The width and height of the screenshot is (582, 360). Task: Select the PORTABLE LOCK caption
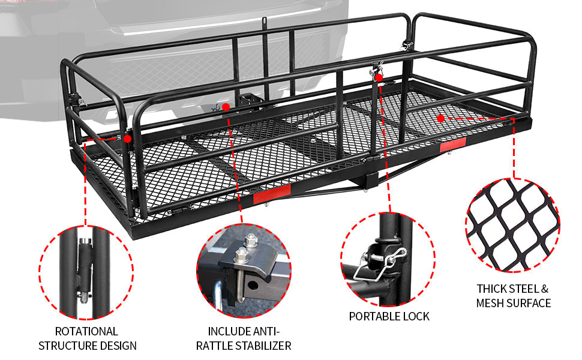[x=389, y=316]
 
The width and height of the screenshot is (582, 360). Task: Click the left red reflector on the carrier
[x=271, y=195]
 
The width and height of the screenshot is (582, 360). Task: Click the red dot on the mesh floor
[x=441, y=118]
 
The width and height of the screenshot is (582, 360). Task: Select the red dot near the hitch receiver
[x=226, y=107]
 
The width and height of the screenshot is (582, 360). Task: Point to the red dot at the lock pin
[x=379, y=77]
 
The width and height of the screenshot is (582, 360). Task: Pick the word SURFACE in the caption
[x=528, y=303]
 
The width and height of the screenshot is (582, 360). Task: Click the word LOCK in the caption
[x=415, y=316]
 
